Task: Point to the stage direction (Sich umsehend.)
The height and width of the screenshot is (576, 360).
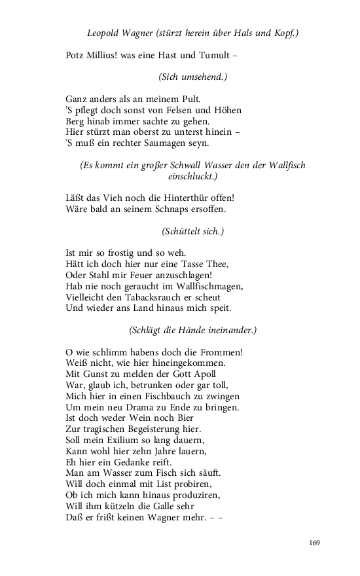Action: pos(192,77)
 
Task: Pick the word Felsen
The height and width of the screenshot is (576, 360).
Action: pos(174,109)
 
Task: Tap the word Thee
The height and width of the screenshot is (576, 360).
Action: pos(214,264)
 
